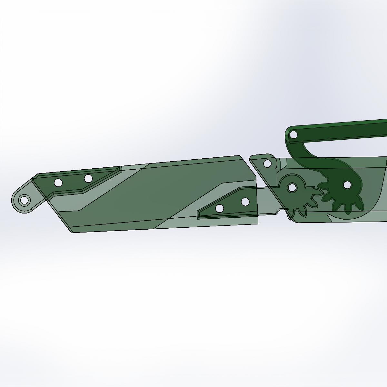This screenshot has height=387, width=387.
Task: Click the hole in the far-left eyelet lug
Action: pos(24,200)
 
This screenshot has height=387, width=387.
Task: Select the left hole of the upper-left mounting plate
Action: pos(58,183)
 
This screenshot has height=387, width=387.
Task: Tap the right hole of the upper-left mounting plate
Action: pos(88,178)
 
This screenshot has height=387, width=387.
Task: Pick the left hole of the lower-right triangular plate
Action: pos(220,208)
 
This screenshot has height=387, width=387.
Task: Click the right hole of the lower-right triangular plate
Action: pos(245,202)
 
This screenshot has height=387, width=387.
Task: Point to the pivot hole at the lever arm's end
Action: pos(293,134)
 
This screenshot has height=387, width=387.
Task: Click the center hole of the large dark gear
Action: pos(347,185)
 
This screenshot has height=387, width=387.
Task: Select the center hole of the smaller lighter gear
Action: pos(292,187)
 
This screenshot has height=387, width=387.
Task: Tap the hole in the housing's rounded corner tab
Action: pos(267,164)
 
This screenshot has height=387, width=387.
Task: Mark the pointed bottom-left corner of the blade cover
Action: pos(72,232)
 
